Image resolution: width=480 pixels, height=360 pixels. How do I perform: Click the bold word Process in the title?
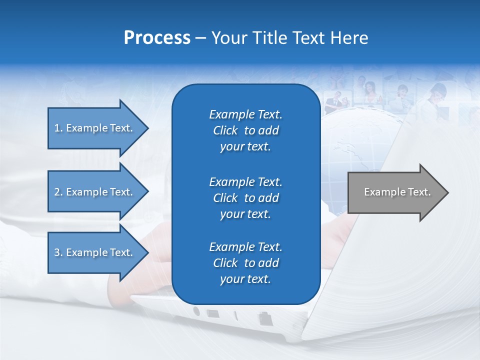(x=157, y=38)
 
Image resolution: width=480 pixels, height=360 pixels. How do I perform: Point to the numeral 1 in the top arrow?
(x=56, y=128)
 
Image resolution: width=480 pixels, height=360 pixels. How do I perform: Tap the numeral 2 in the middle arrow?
(x=56, y=192)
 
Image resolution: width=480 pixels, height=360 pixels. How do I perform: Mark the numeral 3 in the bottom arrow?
(x=56, y=252)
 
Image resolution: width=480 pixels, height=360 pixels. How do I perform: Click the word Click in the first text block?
(x=225, y=130)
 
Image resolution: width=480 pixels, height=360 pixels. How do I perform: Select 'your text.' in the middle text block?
(x=245, y=214)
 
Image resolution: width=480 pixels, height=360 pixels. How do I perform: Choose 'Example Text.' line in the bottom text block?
(x=245, y=247)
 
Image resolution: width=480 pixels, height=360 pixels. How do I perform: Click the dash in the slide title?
(x=200, y=38)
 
